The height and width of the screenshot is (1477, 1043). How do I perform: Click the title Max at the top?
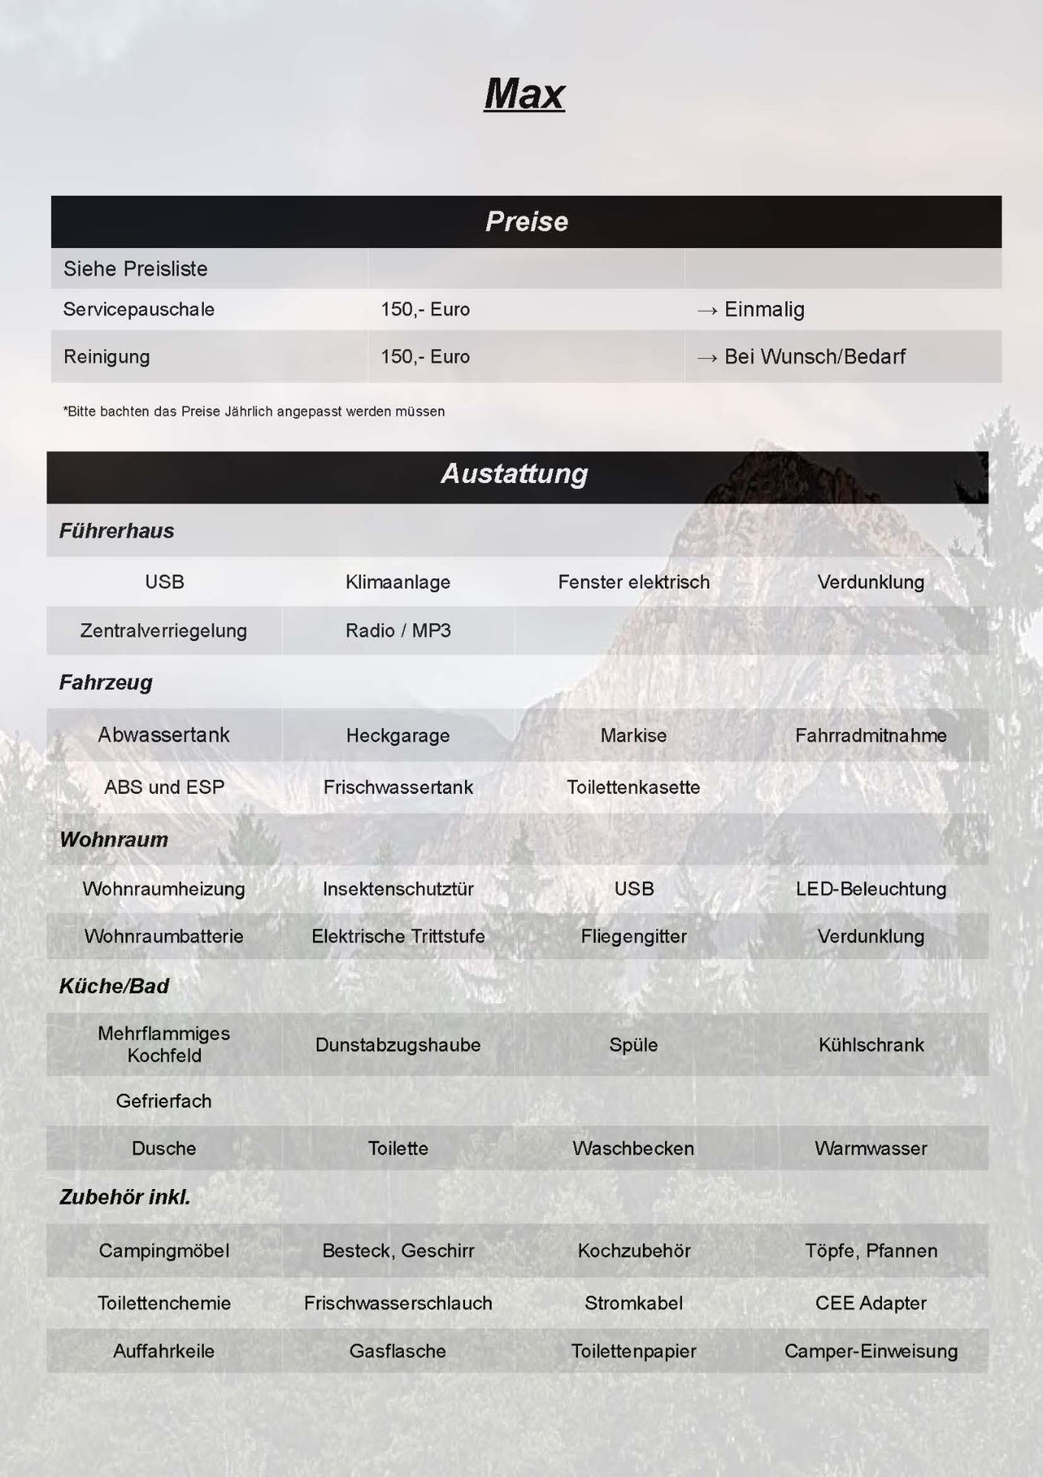click(525, 95)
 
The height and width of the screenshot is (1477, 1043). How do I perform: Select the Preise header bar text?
click(526, 222)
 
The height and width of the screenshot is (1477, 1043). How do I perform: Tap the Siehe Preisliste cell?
click(135, 269)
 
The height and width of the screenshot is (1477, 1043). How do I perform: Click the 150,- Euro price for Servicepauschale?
click(425, 309)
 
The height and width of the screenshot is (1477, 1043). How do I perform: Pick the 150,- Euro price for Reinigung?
click(425, 357)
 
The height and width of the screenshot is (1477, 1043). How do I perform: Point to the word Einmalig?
click(764, 309)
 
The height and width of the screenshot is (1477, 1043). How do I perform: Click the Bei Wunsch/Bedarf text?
click(814, 357)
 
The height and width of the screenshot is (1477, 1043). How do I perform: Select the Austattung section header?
click(515, 474)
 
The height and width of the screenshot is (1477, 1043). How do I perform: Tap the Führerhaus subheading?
click(117, 531)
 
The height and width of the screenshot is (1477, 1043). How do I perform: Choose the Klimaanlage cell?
click(398, 582)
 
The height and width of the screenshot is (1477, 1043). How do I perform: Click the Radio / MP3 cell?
click(398, 631)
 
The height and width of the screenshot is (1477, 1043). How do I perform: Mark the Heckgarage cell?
click(398, 736)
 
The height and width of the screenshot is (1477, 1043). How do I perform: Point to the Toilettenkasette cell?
click(633, 788)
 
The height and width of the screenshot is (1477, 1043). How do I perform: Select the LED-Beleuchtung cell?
click(870, 889)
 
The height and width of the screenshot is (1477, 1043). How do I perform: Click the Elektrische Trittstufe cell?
click(398, 937)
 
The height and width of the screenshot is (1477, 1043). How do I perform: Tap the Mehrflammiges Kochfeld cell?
click(164, 1045)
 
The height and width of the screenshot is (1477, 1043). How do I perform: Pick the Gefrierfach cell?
click(164, 1101)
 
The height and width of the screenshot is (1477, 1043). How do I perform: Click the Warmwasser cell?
click(870, 1148)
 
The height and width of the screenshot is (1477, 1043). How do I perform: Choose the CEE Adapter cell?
click(870, 1304)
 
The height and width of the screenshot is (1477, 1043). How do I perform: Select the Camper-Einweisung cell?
click(870, 1351)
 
